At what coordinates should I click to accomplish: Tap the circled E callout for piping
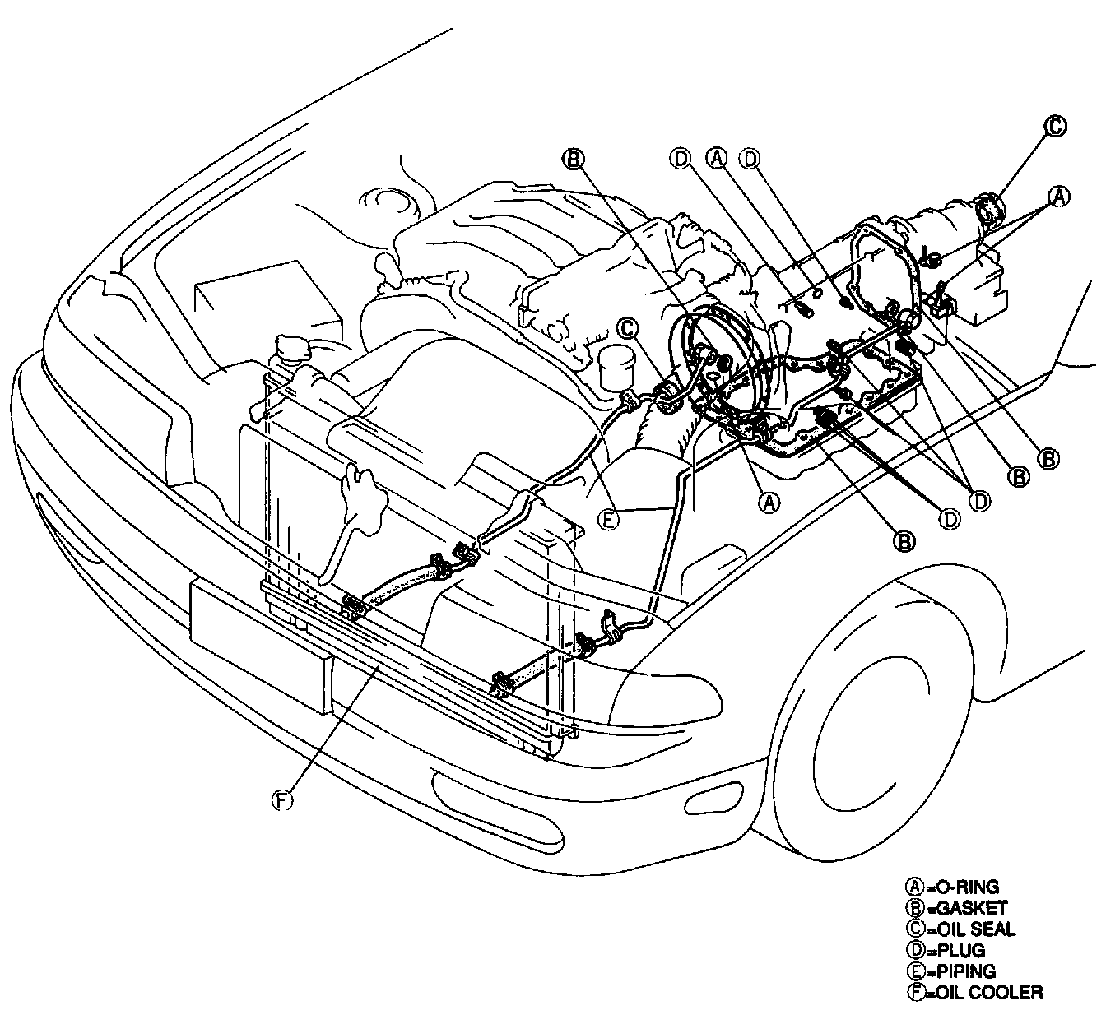click(608, 519)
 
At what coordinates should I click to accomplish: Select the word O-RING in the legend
click(963, 887)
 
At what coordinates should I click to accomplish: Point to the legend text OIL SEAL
click(972, 930)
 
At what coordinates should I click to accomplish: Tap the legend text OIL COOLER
click(984, 993)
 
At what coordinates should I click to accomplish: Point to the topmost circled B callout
click(574, 157)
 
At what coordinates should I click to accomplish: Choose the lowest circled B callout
click(904, 540)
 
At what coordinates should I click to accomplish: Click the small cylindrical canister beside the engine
click(613, 368)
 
